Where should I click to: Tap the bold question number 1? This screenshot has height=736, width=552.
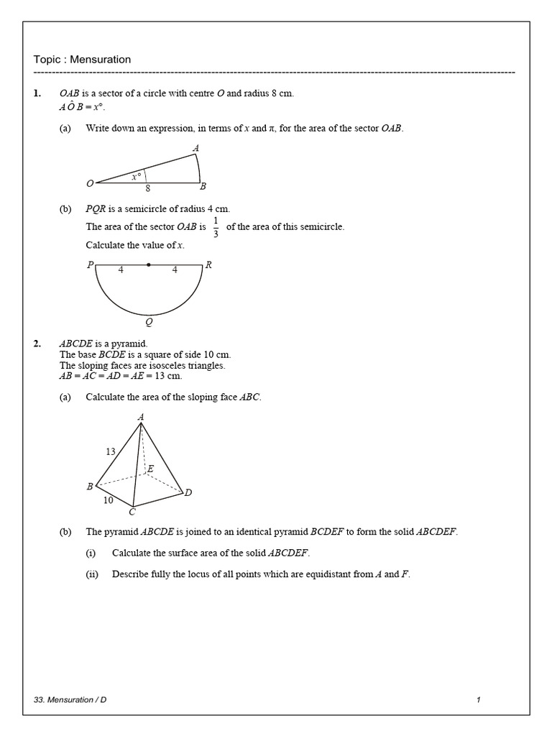(37, 93)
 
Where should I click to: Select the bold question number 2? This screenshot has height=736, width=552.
(37, 344)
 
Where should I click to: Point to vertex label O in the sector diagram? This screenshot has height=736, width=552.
(90, 184)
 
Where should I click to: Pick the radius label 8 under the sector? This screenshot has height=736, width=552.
(147, 188)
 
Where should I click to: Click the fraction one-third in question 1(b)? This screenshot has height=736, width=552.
(216, 227)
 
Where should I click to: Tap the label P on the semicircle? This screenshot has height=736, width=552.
(91, 264)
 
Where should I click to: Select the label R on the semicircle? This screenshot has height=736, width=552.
(208, 264)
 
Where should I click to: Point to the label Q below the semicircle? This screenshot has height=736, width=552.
(149, 323)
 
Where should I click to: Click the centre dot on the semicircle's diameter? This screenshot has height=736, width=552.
(149, 264)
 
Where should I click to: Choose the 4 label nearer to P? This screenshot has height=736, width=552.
(121, 271)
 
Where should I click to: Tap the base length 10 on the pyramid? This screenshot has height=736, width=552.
(108, 500)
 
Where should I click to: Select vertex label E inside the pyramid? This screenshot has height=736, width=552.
(150, 469)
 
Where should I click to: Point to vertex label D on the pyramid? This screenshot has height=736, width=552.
(188, 492)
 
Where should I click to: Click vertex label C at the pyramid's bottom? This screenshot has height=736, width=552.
(132, 512)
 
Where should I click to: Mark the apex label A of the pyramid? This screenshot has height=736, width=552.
(141, 417)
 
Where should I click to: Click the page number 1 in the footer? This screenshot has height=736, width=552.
(478, 699)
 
